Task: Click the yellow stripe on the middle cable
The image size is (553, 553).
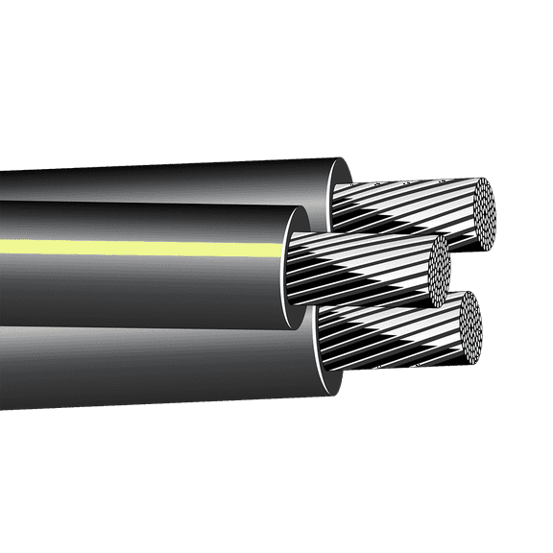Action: [x=144, y=246]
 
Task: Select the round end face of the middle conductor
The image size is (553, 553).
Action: [x=438, y=265]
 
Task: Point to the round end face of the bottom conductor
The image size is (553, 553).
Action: [x=469, y=328]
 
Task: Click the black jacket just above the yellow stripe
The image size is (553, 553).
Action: [x=144, y=226]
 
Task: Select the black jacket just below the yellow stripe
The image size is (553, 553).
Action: [x=144, y=274]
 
